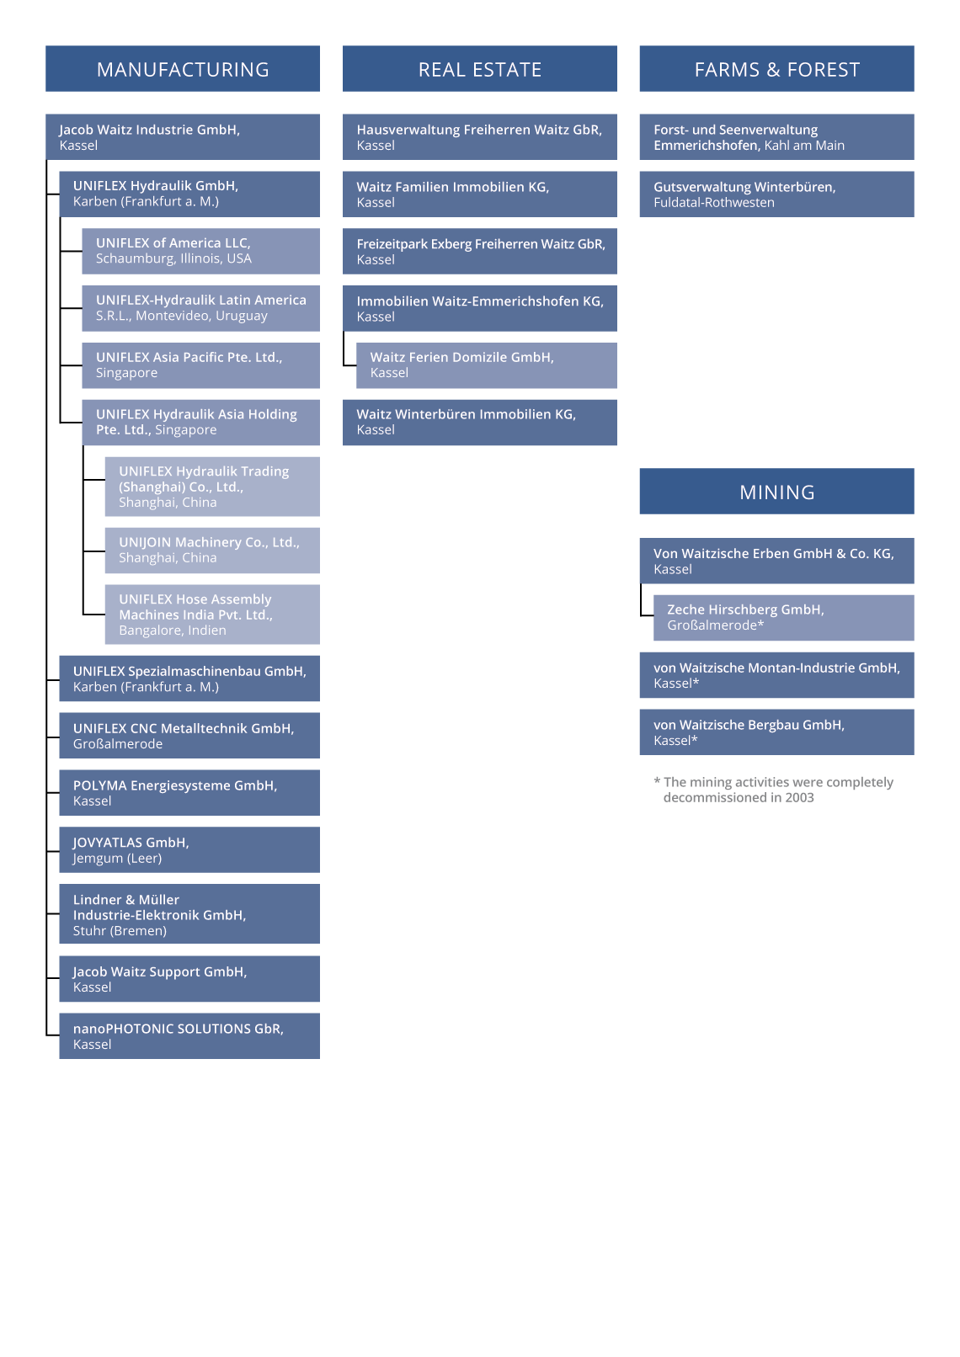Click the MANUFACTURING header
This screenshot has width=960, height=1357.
183,68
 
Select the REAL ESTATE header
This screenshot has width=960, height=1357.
479,68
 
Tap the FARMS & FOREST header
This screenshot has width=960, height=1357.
776,68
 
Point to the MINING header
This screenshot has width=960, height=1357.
776,492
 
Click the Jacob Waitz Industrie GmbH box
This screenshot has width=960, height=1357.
183,137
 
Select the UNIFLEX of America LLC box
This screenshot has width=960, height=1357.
200,251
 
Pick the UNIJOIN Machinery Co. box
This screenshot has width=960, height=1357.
212,550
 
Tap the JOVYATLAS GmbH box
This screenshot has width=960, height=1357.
189,850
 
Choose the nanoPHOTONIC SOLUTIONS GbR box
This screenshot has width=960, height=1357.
189,1036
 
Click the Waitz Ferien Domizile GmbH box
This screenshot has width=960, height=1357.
486,365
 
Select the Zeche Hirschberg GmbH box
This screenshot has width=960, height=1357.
783,617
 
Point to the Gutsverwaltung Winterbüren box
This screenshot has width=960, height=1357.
776,194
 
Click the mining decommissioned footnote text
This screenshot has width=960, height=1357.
773,790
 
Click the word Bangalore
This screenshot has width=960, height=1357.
146,631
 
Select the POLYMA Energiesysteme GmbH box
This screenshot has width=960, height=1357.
189,793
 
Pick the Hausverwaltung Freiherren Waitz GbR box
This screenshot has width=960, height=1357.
479,137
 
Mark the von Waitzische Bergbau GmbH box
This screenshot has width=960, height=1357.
776,732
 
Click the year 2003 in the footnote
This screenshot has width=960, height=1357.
799,798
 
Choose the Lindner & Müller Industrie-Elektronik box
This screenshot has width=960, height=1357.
189,913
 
